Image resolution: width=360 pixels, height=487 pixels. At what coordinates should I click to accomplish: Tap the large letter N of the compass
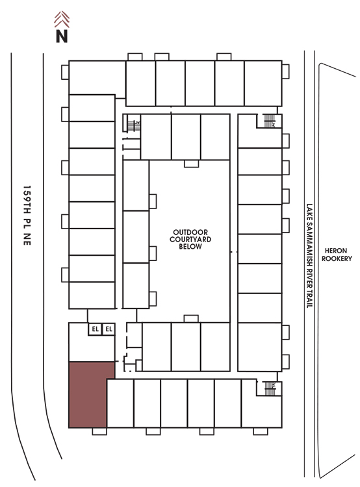pos(62,36)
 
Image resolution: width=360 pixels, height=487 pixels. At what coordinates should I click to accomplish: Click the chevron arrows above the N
pos(62,19)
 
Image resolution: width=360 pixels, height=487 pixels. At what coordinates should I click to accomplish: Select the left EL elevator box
pos(95,329)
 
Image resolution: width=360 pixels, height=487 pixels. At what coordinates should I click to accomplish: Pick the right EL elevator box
pos(109,329)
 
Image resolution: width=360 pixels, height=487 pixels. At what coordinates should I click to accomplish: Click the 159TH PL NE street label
pos(27,216)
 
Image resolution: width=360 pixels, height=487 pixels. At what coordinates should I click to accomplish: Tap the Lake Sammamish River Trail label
pos(309,256)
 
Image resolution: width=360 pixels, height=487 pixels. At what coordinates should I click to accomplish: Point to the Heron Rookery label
pos(337,255)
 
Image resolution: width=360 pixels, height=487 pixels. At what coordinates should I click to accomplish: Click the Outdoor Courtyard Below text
pos(190,239)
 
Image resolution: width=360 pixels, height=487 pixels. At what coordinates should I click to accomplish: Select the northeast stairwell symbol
pos(270,121)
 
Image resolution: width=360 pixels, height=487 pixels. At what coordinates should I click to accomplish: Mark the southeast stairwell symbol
pos(270,388)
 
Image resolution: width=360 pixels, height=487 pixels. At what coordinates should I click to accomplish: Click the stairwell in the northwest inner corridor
pos(134,126)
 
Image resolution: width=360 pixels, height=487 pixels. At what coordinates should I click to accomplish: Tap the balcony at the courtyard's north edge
pos(191,164)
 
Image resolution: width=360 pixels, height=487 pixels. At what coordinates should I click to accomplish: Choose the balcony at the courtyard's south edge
pos(191,319)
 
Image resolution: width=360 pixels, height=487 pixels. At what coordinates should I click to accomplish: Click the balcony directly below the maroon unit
pos(99,431)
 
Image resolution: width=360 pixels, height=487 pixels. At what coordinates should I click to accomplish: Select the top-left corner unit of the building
pos(97,77)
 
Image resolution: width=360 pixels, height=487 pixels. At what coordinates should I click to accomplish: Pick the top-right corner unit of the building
pos(263,83)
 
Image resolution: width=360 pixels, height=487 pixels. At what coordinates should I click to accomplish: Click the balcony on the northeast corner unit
pos(286,71)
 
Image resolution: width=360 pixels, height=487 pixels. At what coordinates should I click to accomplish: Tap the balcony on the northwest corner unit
pos(65,72)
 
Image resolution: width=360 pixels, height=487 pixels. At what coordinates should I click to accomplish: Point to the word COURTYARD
pos(190,239)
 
